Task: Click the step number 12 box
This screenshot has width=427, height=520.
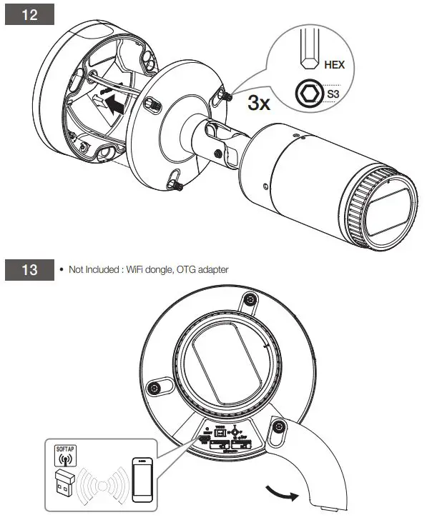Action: (31, 14)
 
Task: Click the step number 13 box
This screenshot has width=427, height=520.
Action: (31, 272)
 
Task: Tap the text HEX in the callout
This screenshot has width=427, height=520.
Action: (333, 64)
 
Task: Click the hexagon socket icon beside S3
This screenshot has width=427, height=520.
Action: (308, 93)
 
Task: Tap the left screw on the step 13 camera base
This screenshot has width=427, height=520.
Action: (153, 388)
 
